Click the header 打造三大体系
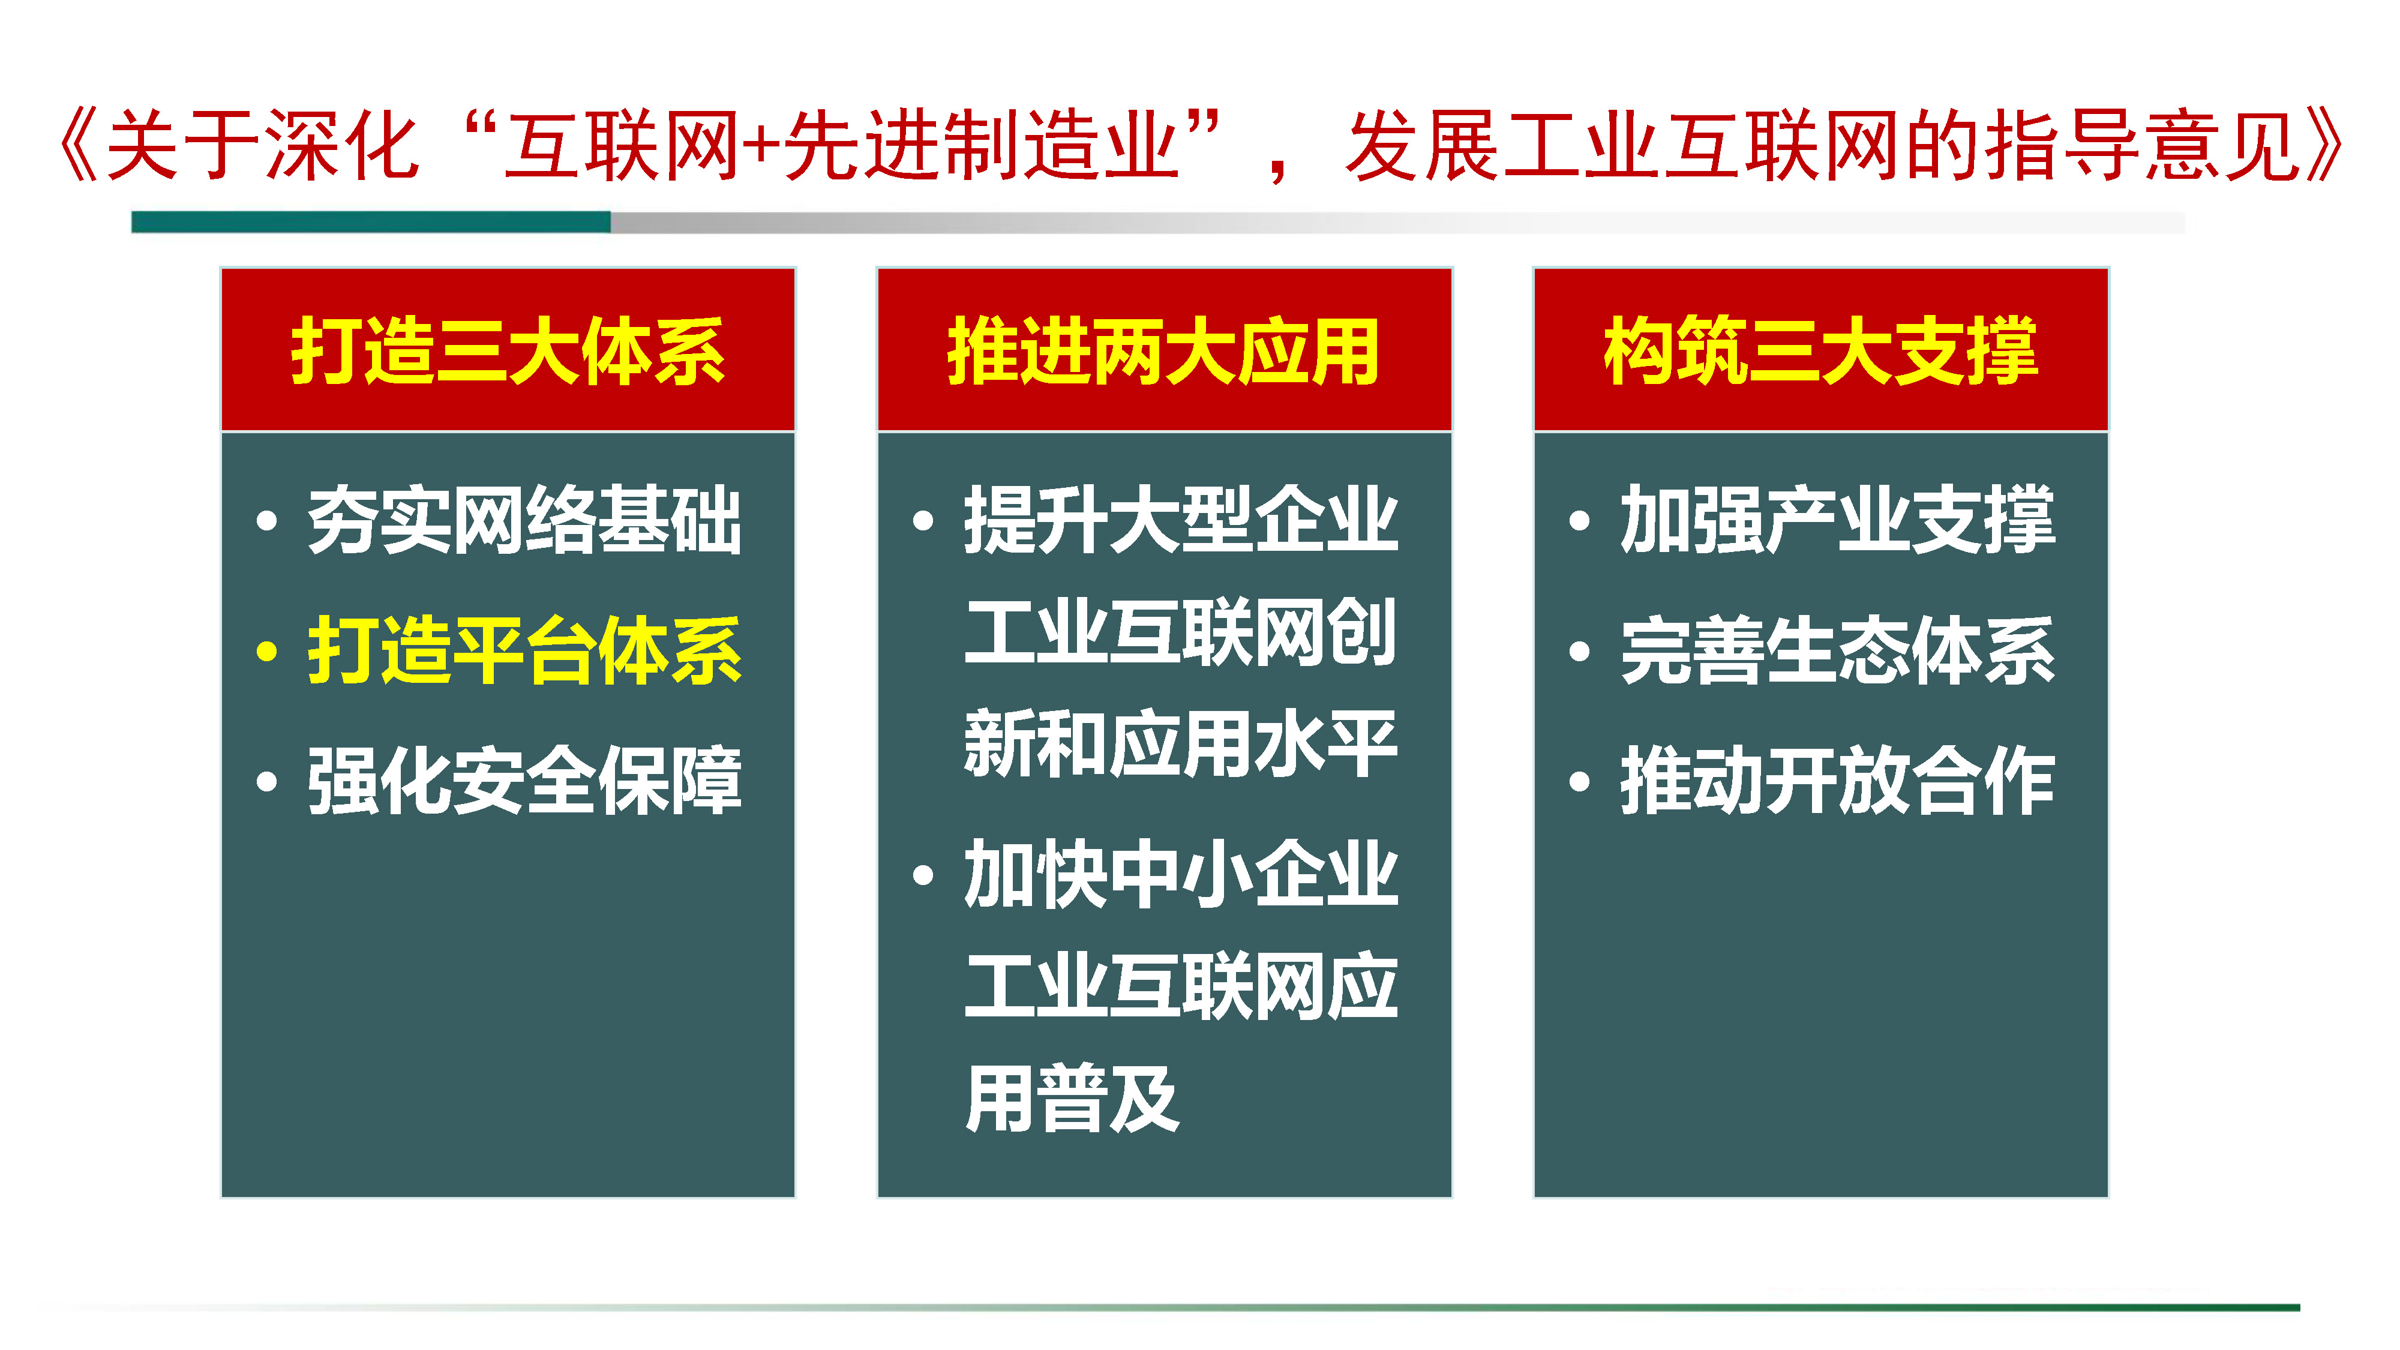coord(508,351)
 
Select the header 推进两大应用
coord(1163,351)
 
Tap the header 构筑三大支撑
coord(1820,351)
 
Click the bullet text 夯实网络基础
coord(524,520)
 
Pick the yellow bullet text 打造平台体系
coord(524,650)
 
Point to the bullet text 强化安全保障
coord(524,781)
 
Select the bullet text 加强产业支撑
coord(1837,520)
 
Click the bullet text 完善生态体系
coord(1837,650)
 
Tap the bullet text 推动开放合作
coord(1837,781)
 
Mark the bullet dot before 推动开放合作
coord(1579,782)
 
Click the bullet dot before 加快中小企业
coord(923,875)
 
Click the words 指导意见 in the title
coord(2143,145)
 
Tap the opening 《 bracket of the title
coord(80,145)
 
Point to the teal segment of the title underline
coord(371,222)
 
